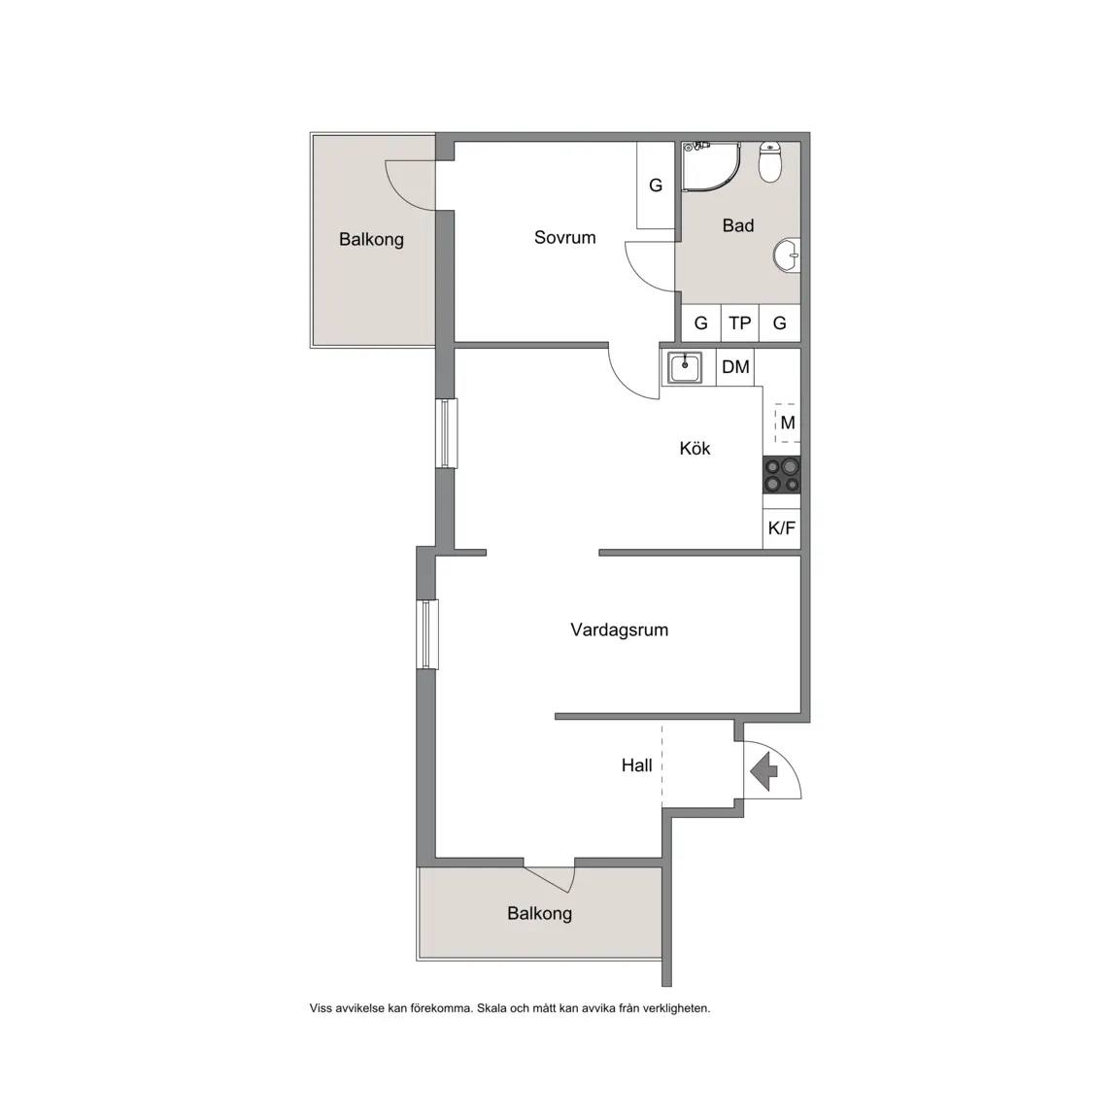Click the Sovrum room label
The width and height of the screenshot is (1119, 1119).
click(x=564, y=238)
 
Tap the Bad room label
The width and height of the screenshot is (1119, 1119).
click(x=738, y=225)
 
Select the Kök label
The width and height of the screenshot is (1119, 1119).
click(x=695, y=448)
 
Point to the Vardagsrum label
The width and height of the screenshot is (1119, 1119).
click(x=620, y=630)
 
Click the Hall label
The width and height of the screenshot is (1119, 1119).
click(x=636, y=765)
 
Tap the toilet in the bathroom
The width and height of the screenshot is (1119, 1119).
click(x=770, y=161)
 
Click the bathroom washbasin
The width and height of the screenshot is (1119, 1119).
click(x=787, y=255)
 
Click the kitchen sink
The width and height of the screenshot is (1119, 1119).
click(x=685, y=368)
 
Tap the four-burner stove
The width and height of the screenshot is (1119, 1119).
click(x=781, y=475)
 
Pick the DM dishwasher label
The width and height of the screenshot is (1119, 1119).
click(x=735, y=367)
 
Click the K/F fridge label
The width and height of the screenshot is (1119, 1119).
click(x=781, y=528)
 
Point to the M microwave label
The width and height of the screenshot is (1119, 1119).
click(x=788, y=423)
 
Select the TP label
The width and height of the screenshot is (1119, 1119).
click(x=740, y=323)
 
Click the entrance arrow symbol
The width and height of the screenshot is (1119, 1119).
click(x=764, y=770)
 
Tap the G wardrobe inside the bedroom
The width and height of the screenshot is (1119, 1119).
click(x=656, y=186)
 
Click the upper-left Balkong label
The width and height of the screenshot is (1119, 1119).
click(x=371, y=239)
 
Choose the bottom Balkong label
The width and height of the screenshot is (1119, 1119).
click(x=539, y=913)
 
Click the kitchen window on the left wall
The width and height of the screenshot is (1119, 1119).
click(x=447, y=433)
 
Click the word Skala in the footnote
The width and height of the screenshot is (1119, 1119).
click(x=492, y=1008)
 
